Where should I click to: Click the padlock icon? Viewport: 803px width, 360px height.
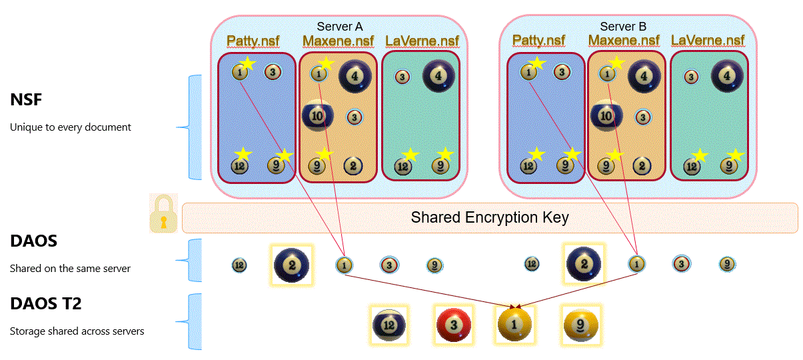click(163, 213)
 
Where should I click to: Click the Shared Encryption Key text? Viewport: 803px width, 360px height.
click(489, 218)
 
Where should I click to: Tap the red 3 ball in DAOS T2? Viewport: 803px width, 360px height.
click(454, 325)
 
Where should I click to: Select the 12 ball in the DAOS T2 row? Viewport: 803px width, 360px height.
click(389, 325)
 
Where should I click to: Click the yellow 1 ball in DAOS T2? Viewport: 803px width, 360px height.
click(514, 325)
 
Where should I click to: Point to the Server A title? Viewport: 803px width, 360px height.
click(340, 27)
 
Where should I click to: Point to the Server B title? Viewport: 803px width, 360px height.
click(623, 27)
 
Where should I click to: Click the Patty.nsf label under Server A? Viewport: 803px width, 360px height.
click(253, 41)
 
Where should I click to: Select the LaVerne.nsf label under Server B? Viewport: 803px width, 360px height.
click(708, 41)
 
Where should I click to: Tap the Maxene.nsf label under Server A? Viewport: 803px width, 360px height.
click(339, 41)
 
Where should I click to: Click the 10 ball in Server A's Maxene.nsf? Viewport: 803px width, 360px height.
click(319, 115)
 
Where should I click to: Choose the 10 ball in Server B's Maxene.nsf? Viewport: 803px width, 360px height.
click(606, 115)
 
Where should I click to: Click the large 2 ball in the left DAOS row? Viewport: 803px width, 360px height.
click(292, 265)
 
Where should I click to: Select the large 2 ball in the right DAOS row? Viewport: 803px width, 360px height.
click(583, 264)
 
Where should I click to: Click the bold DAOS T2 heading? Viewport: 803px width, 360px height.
click(46, 304)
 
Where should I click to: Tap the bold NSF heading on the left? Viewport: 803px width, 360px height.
click(27, 100)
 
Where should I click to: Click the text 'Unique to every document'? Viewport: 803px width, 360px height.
click(71, 127)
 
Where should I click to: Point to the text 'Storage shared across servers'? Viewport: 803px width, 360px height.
click(77, 331)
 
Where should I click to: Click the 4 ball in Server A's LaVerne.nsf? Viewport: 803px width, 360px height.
click(438, 75)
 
